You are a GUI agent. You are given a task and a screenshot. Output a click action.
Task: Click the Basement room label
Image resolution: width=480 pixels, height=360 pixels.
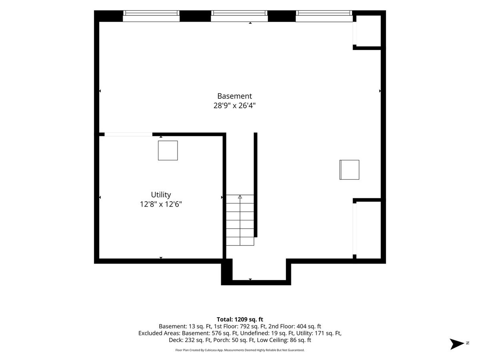(x=234, y=96)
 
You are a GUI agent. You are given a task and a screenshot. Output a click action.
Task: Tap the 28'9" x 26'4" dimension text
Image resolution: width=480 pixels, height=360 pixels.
(x=234, y=106)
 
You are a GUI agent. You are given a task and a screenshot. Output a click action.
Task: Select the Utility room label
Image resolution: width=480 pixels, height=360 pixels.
(x=161, y=194)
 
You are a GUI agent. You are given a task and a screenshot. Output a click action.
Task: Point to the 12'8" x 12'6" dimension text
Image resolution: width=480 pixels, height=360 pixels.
(x=161, y=204)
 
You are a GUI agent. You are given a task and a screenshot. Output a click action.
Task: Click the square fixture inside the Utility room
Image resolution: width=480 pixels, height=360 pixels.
(x=168, y=150)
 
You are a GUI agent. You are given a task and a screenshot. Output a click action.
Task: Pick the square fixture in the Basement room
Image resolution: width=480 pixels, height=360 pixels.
(x=349, y=170)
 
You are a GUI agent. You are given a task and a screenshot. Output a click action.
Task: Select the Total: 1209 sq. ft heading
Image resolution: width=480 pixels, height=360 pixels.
(x=240, y=319)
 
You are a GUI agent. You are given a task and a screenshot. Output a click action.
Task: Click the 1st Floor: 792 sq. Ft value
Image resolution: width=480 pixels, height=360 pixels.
(x=240, y=326)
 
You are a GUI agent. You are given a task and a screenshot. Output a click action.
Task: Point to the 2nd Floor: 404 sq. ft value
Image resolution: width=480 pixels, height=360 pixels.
(x=295, y=326)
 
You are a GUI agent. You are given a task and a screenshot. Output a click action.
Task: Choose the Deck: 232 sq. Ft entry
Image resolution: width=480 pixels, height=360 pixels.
(x=190, y=340)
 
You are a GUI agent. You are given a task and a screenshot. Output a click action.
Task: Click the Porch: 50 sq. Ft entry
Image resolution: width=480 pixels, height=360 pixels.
(x=234, y=340)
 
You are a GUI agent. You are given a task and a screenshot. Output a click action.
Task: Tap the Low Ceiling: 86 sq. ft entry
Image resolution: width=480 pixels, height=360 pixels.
(x=284, y=340)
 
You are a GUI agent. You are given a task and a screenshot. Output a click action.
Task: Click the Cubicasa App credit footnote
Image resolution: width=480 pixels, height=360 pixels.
(x=240, y=350)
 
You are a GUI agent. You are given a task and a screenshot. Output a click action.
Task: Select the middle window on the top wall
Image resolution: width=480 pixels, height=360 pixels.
(x=239, y=16)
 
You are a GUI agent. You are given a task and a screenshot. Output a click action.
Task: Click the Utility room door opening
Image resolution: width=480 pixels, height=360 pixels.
(x=128, y=134)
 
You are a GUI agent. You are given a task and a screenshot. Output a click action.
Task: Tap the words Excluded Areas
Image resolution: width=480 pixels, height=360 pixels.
(x=159, y=333)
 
